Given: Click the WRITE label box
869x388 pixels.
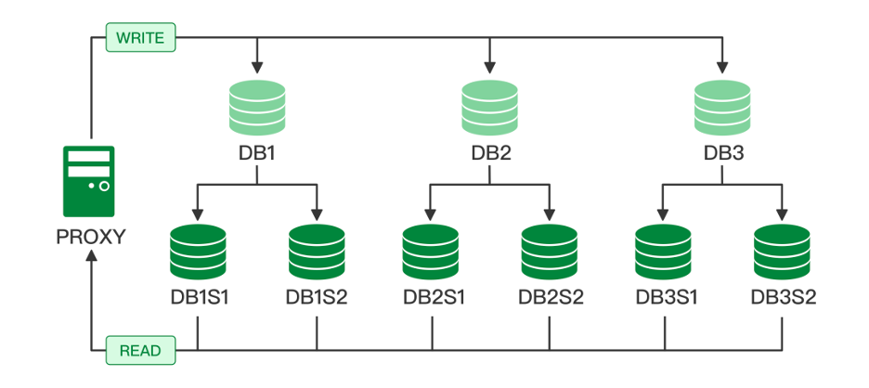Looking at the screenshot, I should pos(142,39).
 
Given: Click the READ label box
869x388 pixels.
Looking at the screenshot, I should pos(140,350).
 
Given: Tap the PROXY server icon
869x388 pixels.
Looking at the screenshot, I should pos(89,180).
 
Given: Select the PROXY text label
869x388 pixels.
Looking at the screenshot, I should pos(90,236).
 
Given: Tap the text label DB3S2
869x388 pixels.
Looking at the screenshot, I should pos(783,298).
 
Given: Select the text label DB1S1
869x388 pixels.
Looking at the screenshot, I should pos(199,298).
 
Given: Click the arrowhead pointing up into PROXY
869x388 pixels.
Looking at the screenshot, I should pos(90,257).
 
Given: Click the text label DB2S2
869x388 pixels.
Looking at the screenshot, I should pos(551,298).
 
